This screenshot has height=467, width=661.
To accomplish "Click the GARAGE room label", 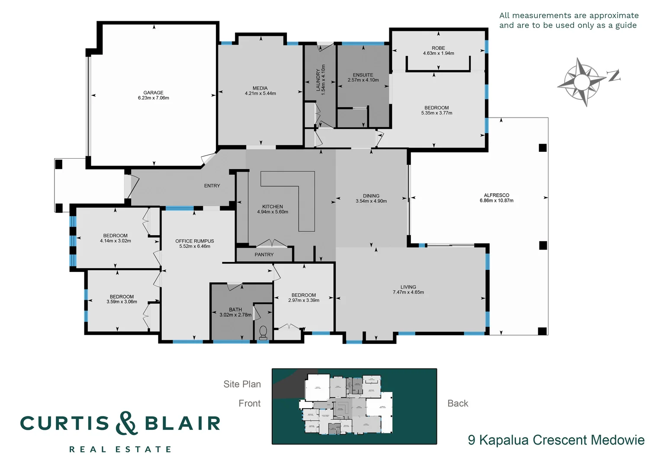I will pos(153,93).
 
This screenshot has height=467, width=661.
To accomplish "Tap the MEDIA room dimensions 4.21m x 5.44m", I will pos(260,93).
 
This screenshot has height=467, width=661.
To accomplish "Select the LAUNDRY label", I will pos(318,80).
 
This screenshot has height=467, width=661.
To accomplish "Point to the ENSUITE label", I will pos(363,75).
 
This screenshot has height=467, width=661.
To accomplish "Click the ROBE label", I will pos(438,48).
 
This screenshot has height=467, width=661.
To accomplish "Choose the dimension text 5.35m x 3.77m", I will pos(436,113).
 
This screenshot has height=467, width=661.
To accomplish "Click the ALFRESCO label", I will pos(496,195).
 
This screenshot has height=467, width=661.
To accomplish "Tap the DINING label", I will pos(371,195).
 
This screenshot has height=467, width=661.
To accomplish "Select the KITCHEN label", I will pos(272,207).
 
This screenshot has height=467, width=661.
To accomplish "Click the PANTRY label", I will pos(264,255).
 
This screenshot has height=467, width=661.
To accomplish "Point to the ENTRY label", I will pos(212,186).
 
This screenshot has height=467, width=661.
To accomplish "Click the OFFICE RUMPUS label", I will pos(194,241).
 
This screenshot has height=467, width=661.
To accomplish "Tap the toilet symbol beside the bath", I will pos(263,332).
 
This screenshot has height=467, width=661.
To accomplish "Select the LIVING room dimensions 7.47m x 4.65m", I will pos(408,292).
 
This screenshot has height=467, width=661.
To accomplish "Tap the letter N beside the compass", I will pos(614,76).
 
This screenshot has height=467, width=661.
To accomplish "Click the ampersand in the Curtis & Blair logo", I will pos(126,423).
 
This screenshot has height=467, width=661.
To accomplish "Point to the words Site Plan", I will pos(242,384).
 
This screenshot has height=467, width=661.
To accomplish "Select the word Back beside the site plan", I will pos(457,403).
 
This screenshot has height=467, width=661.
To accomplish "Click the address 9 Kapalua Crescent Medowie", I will pos(556,440).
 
